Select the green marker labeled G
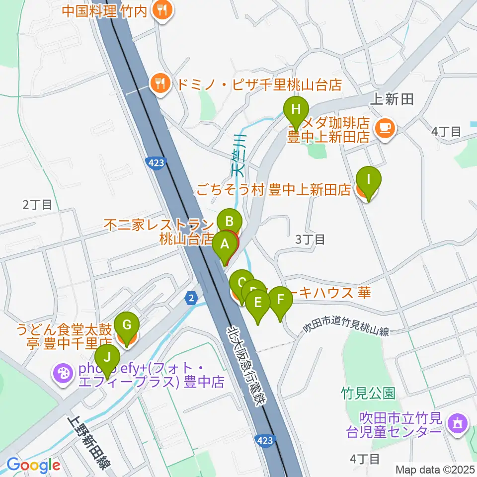coord(127,326)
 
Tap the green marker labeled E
coord(257,303)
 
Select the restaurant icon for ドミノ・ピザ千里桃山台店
coord(160,83)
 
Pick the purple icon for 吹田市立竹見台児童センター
coord(456,423)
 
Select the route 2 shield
coord(191,298)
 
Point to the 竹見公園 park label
coord(368,394)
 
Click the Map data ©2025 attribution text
coord(433,469)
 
